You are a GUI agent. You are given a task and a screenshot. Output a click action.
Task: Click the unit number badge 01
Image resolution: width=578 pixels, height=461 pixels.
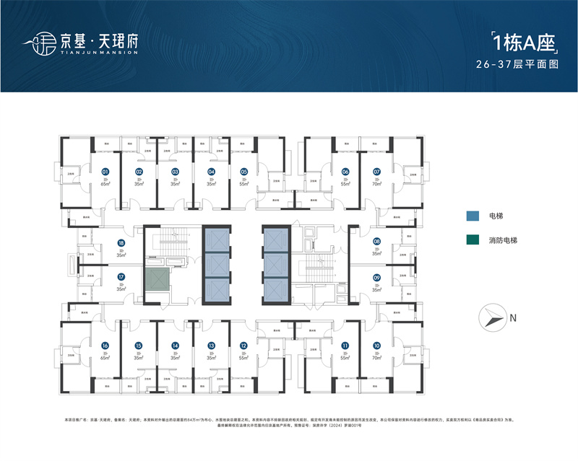(x=105, y=172)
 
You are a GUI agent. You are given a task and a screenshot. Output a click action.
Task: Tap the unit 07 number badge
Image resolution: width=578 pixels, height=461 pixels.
(x=376, y=172)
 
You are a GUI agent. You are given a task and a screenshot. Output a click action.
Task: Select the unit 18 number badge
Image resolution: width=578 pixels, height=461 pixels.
(x=121, y=243)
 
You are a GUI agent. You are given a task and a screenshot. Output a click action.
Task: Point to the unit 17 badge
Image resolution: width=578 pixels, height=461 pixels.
(x=121, y=276)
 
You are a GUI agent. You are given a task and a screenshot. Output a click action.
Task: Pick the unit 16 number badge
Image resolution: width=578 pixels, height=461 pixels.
(x=105, y=346)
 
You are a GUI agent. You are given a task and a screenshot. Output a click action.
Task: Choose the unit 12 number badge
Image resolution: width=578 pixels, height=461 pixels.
(x=244, y=346)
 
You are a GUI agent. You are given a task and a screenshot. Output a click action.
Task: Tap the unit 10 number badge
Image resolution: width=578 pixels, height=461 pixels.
(x=376, y=346)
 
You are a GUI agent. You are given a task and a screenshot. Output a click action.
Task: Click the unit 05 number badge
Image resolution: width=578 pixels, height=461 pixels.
(x=244, y=172)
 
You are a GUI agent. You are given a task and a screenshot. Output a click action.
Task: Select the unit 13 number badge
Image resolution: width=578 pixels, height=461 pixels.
(x=211, y=346)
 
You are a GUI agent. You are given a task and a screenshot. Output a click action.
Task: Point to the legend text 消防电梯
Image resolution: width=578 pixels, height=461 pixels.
(x=504, y=240)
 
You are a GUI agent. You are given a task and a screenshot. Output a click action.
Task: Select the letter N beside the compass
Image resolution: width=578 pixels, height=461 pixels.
(x=512, y=317)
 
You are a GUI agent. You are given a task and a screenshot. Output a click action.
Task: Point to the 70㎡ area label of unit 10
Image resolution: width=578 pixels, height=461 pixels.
(x=376, y=358)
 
